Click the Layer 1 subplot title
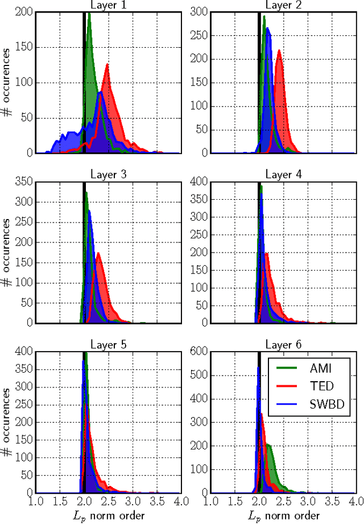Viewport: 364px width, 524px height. tap(109, 6)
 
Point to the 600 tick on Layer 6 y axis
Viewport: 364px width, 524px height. tap(199, 352)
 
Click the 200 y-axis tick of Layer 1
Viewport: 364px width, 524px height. tap(24, 12)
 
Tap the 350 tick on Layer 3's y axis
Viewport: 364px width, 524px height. tap(24, 181)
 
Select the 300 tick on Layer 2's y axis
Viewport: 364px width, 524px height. tap(199, 12)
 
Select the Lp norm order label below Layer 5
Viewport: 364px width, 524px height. tap(109, 515)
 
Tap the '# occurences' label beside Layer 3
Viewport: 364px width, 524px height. tap(7, 253)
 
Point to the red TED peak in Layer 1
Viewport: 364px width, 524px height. tap(106, 65)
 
